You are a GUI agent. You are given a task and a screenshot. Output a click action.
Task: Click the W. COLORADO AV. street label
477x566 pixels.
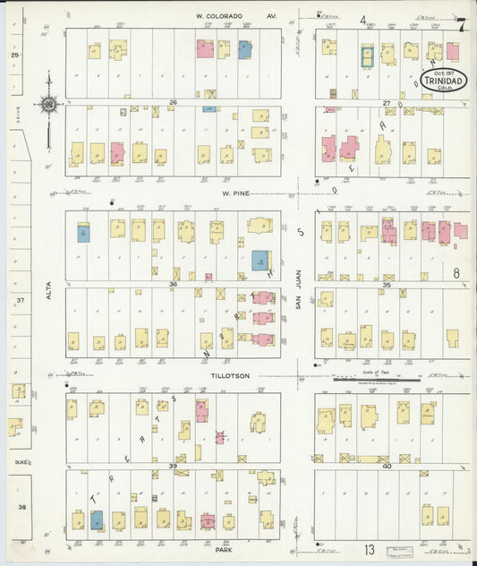(236, 16)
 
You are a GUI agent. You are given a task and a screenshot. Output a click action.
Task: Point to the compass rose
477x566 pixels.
(47, 106)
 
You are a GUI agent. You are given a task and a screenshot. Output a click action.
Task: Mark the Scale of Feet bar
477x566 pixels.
(375, 380)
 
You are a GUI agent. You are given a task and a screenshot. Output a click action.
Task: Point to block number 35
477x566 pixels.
(387, 285)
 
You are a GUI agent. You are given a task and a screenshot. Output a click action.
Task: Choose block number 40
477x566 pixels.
(387, 466)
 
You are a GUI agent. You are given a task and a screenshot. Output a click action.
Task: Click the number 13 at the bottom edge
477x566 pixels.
(369, 548)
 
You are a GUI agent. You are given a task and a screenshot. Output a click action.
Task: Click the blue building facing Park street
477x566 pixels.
(96, 519)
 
